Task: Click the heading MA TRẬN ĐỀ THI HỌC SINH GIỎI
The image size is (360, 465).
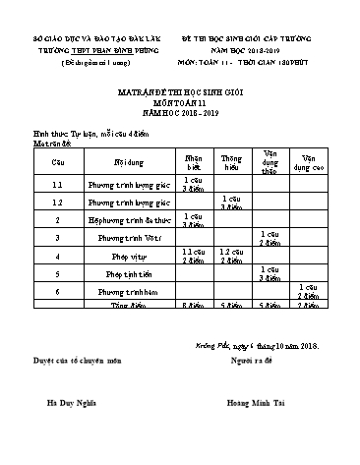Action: point(179,90)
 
